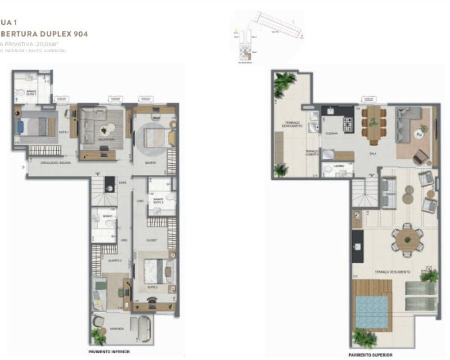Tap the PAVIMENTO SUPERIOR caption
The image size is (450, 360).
point(370,355)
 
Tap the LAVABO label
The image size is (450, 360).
point(338,166)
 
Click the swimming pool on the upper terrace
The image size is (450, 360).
point(371,311)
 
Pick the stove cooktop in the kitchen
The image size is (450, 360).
point(349,124)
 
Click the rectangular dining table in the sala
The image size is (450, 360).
point(373,124)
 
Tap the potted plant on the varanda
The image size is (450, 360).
point(98,335)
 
